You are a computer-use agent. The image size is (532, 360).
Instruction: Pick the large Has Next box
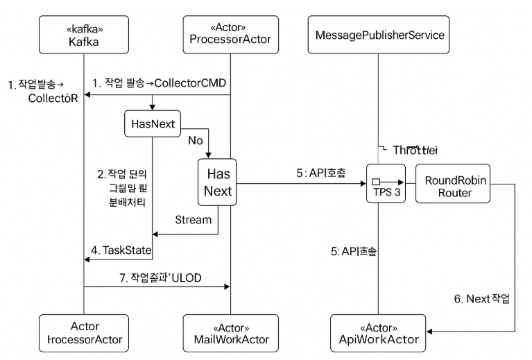(218, 182)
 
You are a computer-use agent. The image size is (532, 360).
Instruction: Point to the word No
(196, 139)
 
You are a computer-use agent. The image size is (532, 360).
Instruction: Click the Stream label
(192, 221)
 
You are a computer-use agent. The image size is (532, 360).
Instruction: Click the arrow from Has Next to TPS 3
(298, 185)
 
